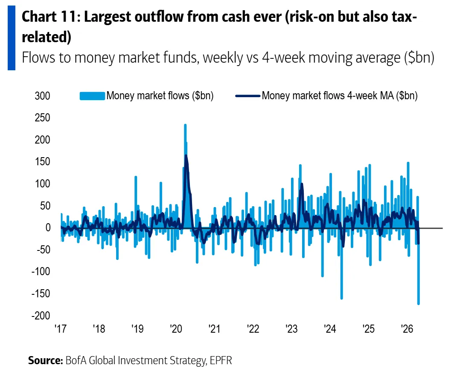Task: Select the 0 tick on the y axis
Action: (48, 228)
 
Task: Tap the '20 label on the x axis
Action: (176, 329)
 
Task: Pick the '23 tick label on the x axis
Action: (291, 329)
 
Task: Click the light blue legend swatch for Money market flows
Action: (92, 96)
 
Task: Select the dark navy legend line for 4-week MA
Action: (247, 96)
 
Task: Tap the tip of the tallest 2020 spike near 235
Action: (185, 125)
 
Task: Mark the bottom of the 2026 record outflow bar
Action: (419, 304)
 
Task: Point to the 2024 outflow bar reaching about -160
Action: (342, 298)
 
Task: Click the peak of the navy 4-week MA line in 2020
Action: (186, 155)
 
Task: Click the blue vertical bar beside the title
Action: (11, 37)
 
